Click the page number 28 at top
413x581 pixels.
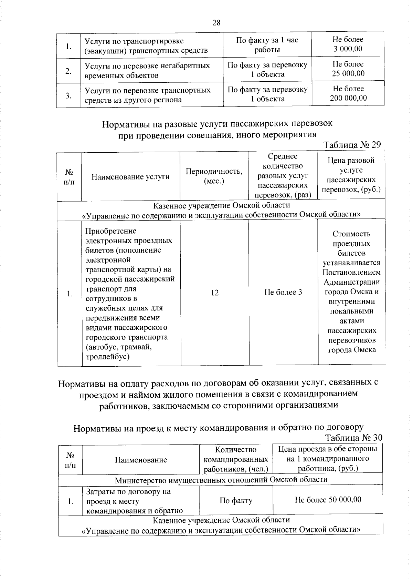[x=216, y=23]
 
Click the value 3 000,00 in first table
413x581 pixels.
[x=348, y=49]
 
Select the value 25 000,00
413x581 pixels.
[x=348, y=73]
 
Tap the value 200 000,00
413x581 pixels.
[x=348, y=98]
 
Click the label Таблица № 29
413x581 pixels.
[x=352, y=145]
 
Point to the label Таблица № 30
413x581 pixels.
[x=353, y=438]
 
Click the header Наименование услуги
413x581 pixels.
[x=130, y=177]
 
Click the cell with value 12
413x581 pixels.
[x=214, y=293]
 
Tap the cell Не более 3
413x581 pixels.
[x=283, y=292]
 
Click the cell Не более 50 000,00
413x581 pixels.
[x=328, y=500]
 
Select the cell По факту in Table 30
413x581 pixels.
[x=236, y=500]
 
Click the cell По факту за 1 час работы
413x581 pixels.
[x=267, y=45]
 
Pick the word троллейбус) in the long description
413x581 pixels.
[x=107, y=356]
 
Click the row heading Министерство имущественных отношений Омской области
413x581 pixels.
[x=221, y=479]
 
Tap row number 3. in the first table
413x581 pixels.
[x=69, y=95]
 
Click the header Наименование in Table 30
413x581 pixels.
[x=141, y=460]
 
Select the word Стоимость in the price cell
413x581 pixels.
[x=351, y=234]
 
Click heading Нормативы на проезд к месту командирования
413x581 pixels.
[x=219, y=428]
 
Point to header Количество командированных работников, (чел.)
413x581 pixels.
[x=236, y=459]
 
